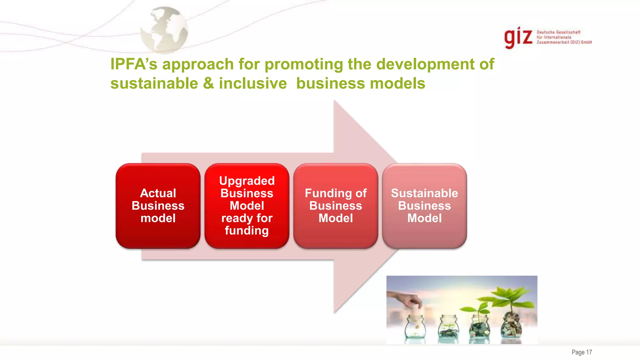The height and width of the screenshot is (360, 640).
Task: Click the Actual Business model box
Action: [x=158, y=206]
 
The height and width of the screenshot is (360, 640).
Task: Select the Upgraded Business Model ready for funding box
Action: [x=247, y=206]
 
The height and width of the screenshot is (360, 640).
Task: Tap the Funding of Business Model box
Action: [x=336, y=206]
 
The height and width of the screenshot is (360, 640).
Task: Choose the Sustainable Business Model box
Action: [x=424, y=206]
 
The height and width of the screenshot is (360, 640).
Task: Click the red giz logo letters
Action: [x=518, y=37]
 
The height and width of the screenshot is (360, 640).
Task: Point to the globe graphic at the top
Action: [x=164, y=30]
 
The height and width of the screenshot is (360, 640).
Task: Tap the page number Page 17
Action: [x=582, y=352]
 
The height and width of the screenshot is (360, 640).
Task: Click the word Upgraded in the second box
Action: [x=247, y=181]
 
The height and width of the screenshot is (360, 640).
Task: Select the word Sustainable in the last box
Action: [x=424, y=193]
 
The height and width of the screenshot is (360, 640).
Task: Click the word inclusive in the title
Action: [x=252, y=84]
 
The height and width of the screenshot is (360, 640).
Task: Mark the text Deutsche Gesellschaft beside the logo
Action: [x=558, y=32]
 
